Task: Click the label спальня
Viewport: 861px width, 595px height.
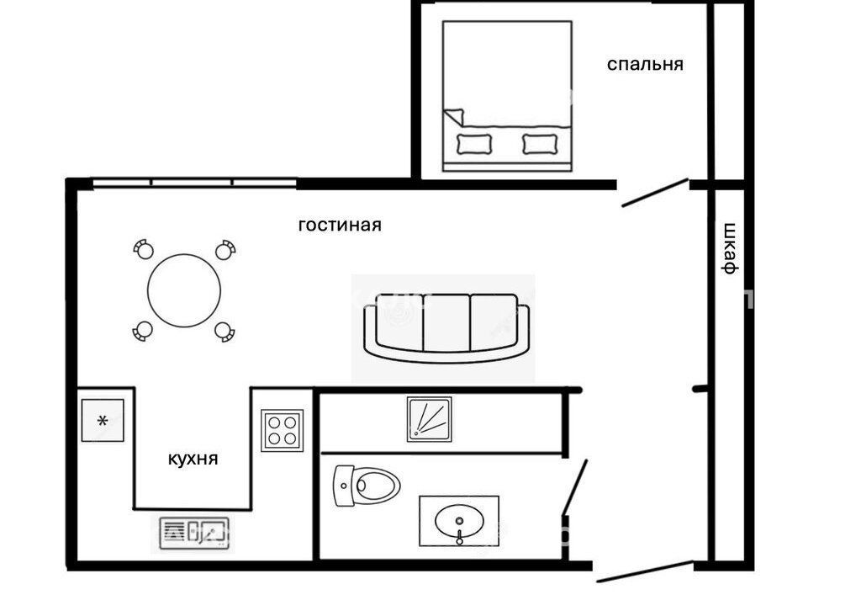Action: coord(645,65)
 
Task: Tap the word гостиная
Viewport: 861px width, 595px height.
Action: coord(340,226)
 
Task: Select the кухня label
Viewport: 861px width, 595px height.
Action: coord(193,459)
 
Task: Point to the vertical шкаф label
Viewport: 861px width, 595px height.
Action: coord(729,247)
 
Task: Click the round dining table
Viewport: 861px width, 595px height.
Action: coord(184,290)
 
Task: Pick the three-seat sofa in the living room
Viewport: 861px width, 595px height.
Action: coord(446,328)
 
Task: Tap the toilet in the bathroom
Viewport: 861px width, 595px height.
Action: coord(367,486)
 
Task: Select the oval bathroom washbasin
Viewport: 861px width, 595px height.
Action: coord(459,522)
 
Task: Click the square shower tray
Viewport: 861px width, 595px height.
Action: coord(430,419)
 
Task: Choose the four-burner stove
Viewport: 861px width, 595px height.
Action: coord(283,431)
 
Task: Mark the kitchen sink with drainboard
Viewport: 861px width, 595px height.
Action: coord(194,533)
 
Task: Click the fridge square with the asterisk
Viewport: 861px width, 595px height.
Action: coord(103,420)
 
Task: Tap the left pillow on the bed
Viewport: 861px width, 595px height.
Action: coord(474,144)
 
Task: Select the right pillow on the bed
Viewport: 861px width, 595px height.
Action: coord(541,144)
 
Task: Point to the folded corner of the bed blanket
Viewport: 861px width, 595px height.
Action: coord(453,116)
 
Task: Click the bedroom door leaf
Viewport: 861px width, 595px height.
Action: coord(655,193)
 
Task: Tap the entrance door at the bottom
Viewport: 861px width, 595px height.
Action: coord(644,571)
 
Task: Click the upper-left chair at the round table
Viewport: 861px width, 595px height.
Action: coord(144,249)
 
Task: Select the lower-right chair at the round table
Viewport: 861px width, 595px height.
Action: coord(224,332)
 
